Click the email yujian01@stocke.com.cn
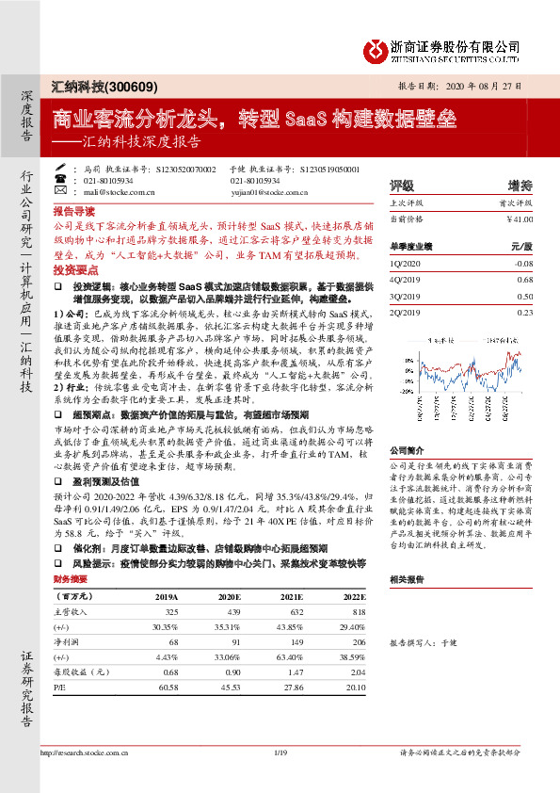pos(264,191)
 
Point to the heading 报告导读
pos(74,211)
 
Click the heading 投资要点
pos(74,268)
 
